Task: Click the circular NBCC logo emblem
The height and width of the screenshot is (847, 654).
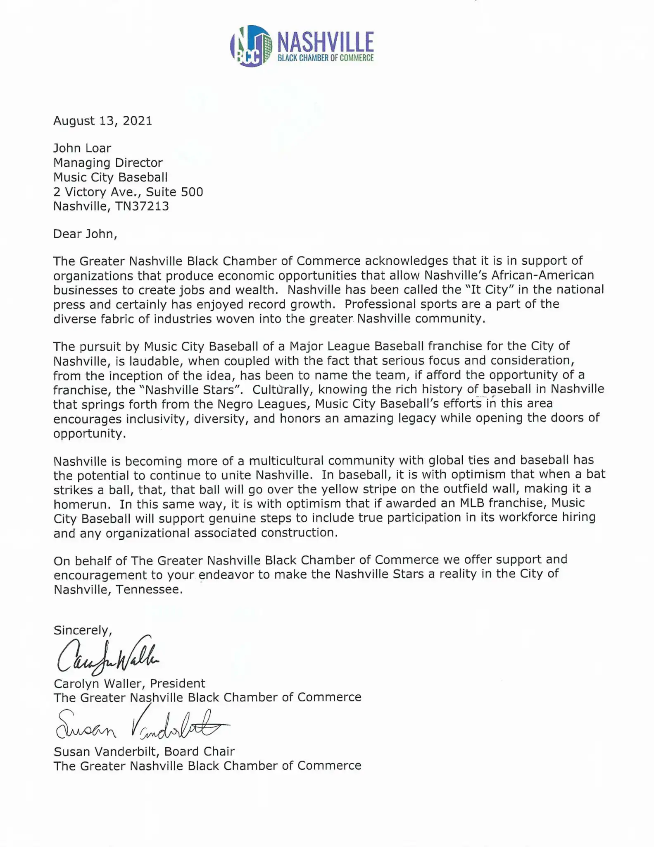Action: (x=251, y=46)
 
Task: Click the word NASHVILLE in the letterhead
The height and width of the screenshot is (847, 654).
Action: (x=326, y=41)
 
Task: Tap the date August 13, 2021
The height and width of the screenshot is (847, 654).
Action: (x=103, y=121)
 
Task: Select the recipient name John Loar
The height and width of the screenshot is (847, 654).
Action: (x=82, y=148)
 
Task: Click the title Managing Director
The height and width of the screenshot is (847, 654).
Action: (x=108, y=163)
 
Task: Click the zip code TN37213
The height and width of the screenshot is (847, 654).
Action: (x=143, y=206)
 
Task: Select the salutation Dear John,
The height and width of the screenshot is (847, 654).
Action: (x=85, y=234)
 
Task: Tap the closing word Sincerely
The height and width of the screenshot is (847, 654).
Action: (x=82, y=630)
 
